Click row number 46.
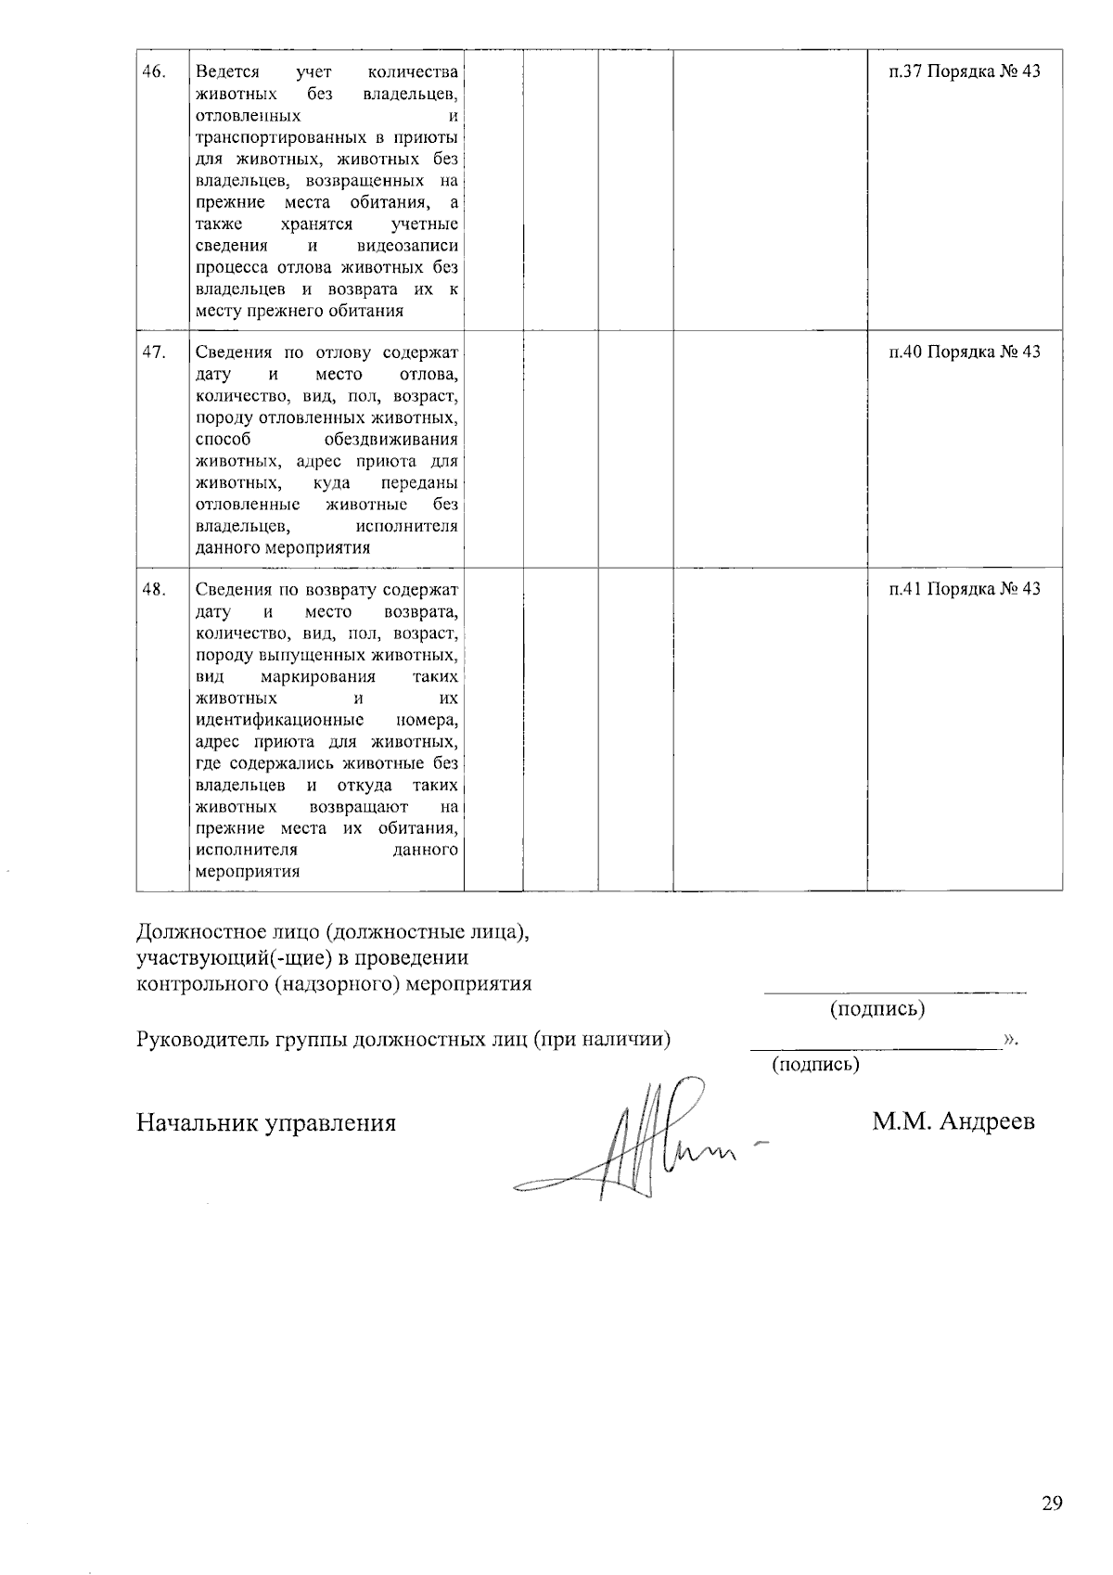154,72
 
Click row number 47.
154,352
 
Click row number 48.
154,589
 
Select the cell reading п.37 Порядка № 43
965,72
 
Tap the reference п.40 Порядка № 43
965,352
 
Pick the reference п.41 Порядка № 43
965,589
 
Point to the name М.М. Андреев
953,1122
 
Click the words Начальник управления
266,1123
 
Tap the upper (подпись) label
876,1008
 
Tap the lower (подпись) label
815,1064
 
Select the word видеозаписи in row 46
407,246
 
